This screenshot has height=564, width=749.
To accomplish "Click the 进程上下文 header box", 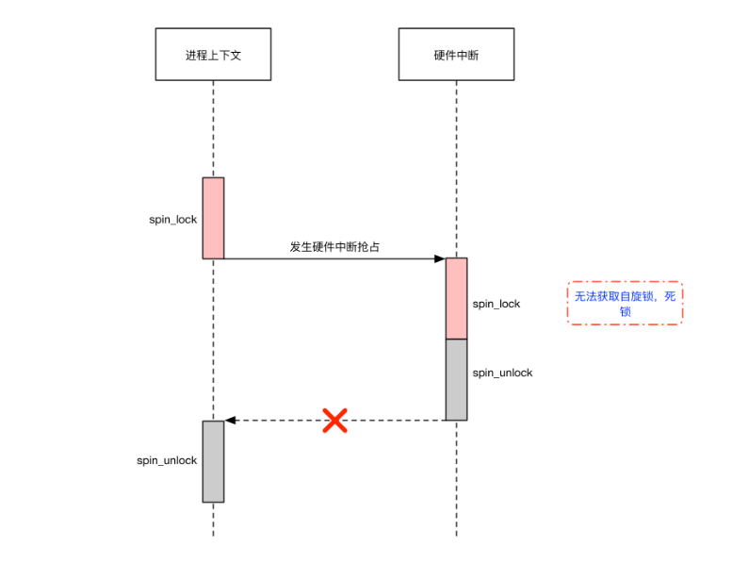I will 213,55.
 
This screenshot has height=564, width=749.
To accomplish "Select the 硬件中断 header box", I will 456,55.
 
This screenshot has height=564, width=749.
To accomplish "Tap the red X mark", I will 334,421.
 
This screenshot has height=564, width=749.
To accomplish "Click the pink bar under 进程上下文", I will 213,218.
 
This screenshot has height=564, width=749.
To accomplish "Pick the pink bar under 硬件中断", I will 456,298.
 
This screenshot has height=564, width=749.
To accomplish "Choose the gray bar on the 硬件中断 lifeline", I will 456,379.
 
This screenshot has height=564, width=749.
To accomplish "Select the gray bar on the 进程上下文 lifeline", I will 213,461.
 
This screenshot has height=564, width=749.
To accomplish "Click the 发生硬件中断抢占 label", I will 334,247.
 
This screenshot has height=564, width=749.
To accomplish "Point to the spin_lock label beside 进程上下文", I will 173,220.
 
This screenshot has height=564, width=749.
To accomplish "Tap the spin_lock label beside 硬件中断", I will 497,304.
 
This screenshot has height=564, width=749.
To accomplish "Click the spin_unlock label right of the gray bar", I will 502,373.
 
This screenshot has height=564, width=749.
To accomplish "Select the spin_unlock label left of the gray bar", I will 167,460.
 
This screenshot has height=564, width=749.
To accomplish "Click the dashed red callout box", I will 625,304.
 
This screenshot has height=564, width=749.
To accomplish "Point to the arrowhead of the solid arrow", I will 440,258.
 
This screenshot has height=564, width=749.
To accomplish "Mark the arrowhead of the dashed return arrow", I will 230,421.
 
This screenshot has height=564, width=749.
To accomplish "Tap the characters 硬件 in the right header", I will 444,56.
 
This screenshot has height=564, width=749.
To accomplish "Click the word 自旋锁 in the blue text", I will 633,296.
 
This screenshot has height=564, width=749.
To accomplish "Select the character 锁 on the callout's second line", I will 625,311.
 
